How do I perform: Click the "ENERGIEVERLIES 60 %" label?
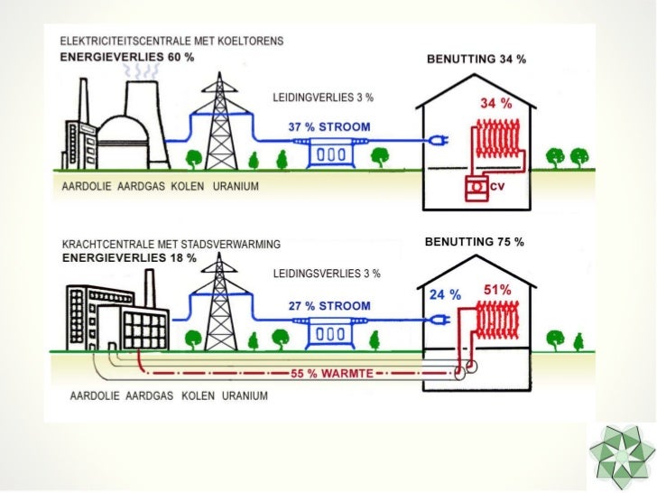pyautogui.click(x=127, y=56)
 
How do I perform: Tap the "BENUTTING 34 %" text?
pyautogui.click(x=475, y=60)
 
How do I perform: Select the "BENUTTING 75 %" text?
pyautogui.click(x=474, y=243)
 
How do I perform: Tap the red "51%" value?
pyautogui.click(x=498, y=290)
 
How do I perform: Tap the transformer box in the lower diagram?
pyautogui.click(x=329, y=334)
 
